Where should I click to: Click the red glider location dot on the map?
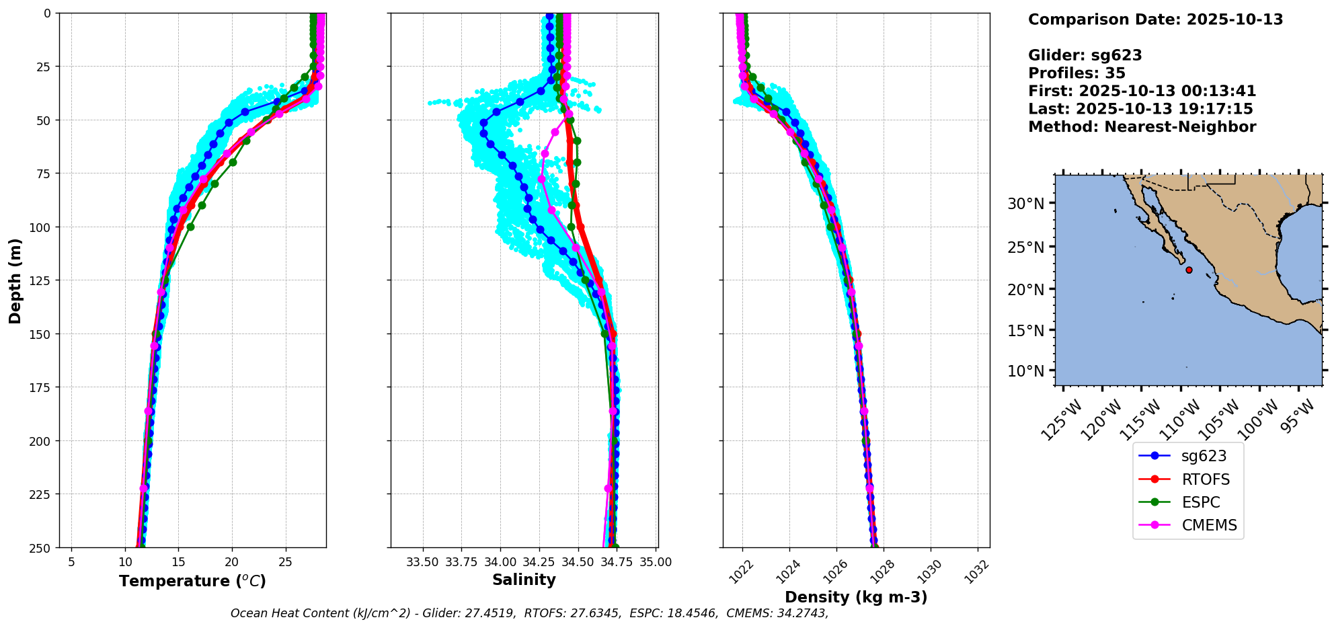[x=1189, y=270]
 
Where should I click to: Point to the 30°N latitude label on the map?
[x=1025, y=204]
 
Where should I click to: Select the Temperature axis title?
[x=192, y=581]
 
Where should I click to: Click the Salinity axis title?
[x=524, y=580]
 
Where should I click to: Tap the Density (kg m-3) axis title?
[x=856, y=597]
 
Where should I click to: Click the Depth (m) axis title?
[x=15, y=280]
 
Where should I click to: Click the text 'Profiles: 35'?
[x=1077, y=73]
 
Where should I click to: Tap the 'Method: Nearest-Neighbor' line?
[x=1142, y=127]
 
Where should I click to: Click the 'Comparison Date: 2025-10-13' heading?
[x=1155, y=19]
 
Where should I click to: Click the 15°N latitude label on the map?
[x=1025, y=331]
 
